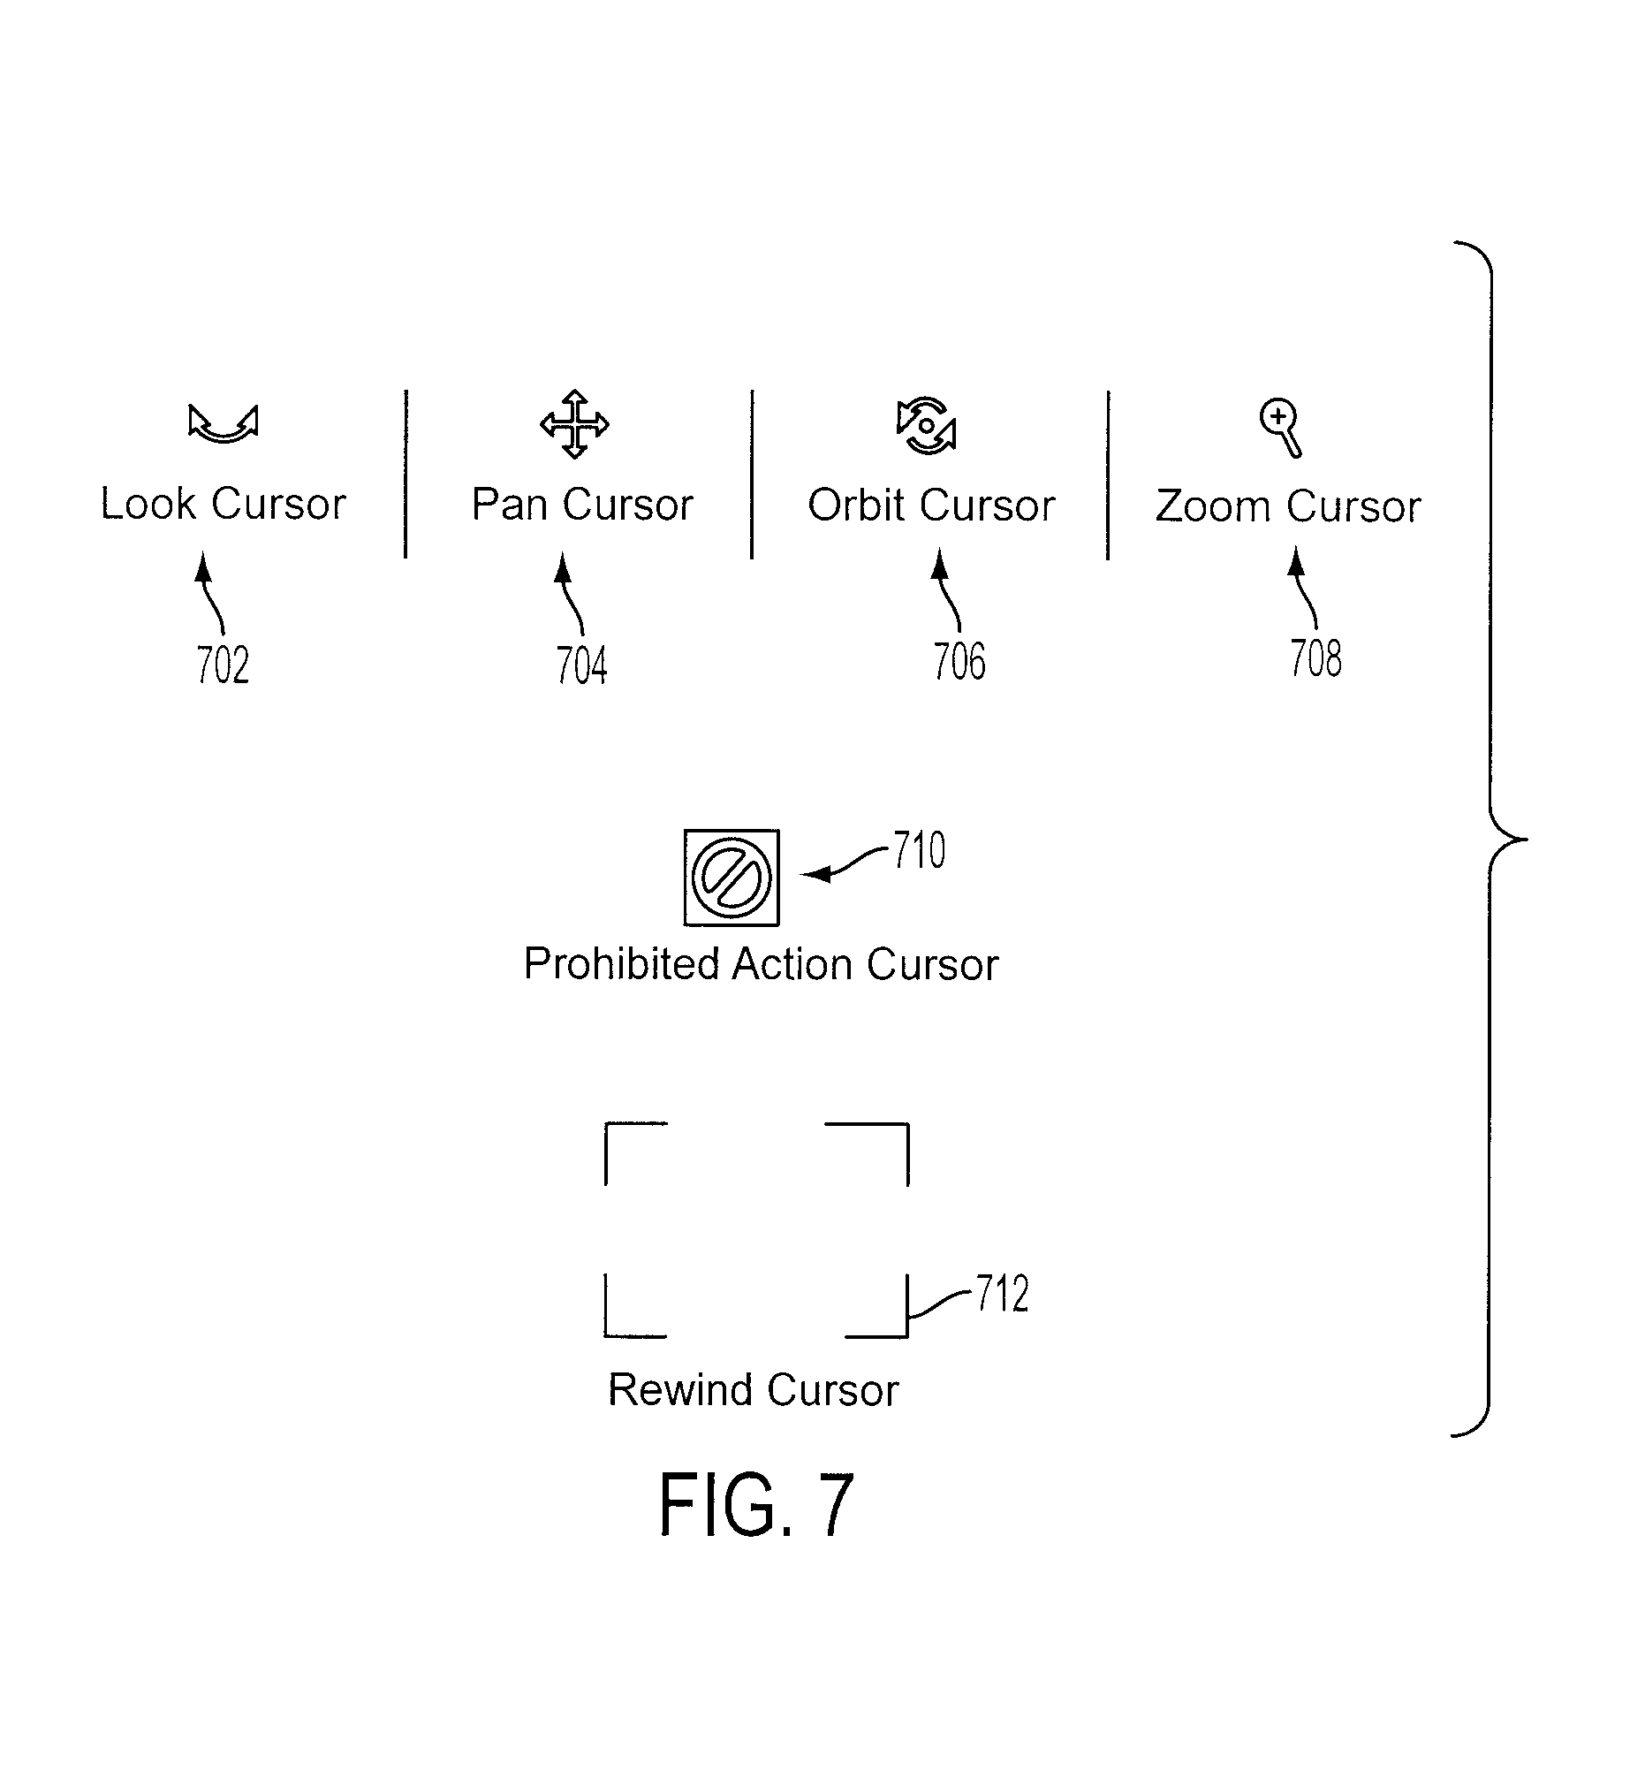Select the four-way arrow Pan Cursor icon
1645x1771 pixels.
575,424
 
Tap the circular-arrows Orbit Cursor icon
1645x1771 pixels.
927,426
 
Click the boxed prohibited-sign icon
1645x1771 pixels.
732,878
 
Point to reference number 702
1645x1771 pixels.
223,665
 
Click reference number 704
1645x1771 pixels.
582,666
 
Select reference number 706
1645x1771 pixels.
959,662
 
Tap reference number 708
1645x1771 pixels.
1315,659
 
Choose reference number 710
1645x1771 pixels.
920,850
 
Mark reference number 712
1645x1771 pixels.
1003,1294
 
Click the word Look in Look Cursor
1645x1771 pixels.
148,504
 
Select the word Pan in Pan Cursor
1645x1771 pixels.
509,505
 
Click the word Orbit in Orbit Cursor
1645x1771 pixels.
856,505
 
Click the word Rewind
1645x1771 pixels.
681,1390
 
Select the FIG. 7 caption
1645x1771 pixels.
756,1505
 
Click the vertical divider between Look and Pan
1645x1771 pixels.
406,474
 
